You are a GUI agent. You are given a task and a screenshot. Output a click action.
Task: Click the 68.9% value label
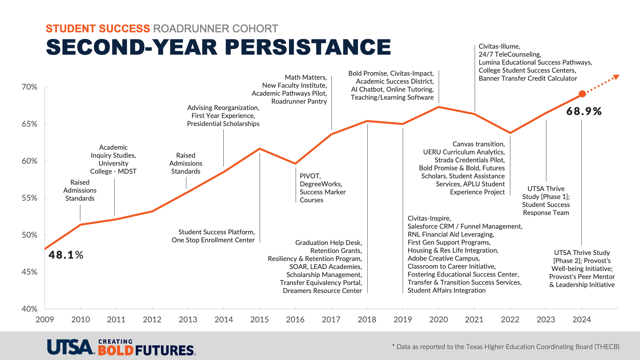[x=584, y=111]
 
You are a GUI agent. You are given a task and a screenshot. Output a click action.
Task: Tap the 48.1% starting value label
[x=66, y=255]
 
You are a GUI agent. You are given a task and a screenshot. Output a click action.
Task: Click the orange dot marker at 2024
[x=582, y=94]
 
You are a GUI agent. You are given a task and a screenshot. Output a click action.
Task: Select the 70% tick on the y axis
[x=30, y=87]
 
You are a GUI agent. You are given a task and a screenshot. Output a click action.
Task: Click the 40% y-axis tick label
[x=30, y=309]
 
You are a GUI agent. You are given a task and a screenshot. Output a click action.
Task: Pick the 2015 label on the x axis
[x=259, y=320]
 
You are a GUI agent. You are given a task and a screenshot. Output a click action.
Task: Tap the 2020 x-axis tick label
[x=438, y=320]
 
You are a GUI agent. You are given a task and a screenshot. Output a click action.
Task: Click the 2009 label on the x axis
[x=45, y=320]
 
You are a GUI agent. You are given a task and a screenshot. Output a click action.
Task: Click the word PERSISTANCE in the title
[x=308, y=47]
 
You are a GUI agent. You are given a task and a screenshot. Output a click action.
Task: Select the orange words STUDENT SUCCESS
[x=98, y=29]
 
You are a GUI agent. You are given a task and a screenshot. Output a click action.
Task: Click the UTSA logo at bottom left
[x=70, y=347]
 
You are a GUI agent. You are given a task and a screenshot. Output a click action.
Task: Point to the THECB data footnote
[x=506, y=347]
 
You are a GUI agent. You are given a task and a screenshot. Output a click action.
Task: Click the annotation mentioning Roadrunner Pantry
[x=289, y=89]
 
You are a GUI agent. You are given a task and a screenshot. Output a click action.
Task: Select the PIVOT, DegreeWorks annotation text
[x=322, y=188]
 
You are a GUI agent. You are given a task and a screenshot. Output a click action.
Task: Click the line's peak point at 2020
[x=439, y=107]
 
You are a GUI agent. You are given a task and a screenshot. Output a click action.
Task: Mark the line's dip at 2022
[x=510, y=133]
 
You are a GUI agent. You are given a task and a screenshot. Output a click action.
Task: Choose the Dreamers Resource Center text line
[x=322, y=291]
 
